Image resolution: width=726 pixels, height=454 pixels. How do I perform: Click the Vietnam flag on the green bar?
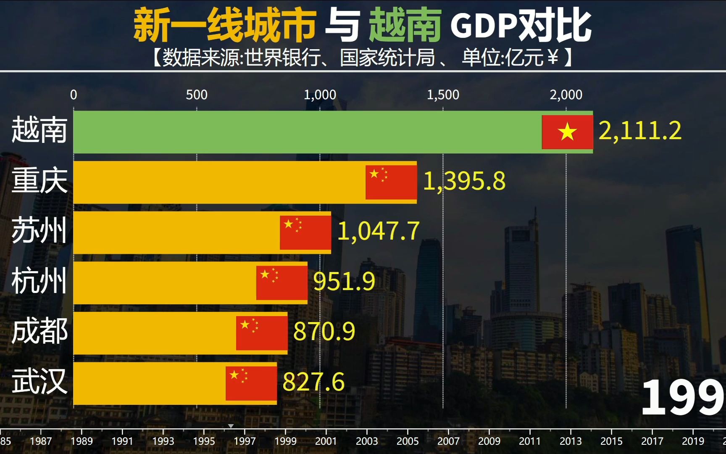567,132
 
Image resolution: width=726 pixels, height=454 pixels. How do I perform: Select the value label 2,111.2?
639,131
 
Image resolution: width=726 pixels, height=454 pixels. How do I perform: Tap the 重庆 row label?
39,181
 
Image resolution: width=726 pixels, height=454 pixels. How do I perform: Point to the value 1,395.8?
464,181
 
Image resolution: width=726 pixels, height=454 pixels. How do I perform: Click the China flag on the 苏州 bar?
305,232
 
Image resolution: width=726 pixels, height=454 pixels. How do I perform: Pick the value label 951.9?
344,281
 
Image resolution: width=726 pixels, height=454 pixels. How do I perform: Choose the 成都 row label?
39,332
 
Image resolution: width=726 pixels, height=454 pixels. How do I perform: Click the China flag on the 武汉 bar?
251,383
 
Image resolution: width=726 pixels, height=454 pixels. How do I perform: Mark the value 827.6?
313,382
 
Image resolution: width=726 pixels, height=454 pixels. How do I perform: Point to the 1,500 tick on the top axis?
443,95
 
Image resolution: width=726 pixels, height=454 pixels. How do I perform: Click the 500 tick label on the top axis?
197,95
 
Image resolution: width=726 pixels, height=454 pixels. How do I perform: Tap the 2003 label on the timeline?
367,441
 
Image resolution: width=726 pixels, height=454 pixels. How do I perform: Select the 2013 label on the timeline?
571,441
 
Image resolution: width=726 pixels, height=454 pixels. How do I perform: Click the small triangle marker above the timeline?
231,426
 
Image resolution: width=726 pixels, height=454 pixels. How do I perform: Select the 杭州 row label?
39,281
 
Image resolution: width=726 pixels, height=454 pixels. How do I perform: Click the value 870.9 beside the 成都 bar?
324,331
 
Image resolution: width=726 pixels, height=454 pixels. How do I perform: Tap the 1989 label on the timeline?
82,441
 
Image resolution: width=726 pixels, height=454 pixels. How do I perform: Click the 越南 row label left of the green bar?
39,130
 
